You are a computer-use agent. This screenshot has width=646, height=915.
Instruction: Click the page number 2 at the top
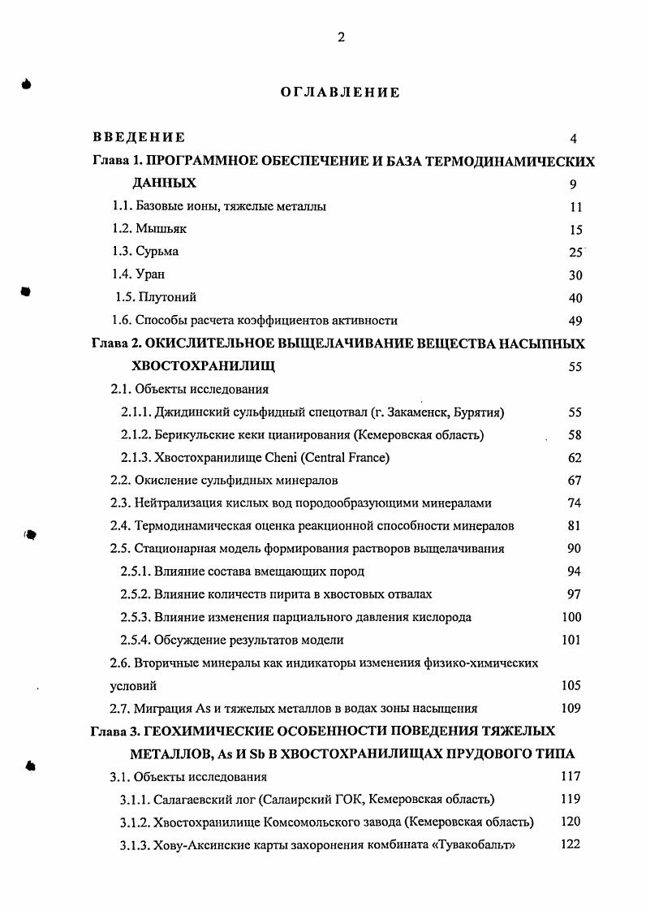coord(341,37)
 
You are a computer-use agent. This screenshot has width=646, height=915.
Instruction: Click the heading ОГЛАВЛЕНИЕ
coord(340,93)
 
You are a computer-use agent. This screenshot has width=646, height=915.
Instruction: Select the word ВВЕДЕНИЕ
coord(139,138)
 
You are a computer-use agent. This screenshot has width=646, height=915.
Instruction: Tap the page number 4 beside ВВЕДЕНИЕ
coord(574,139)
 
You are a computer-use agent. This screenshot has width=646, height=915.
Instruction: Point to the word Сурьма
coord(157,252)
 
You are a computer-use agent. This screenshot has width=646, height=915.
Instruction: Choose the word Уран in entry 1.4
coord(150,274)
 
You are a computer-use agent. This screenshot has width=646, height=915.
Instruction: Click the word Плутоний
coord(167,298)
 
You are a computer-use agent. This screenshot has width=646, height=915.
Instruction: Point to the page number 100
coord(571,617)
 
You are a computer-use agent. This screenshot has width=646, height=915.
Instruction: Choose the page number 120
coord(571,822)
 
